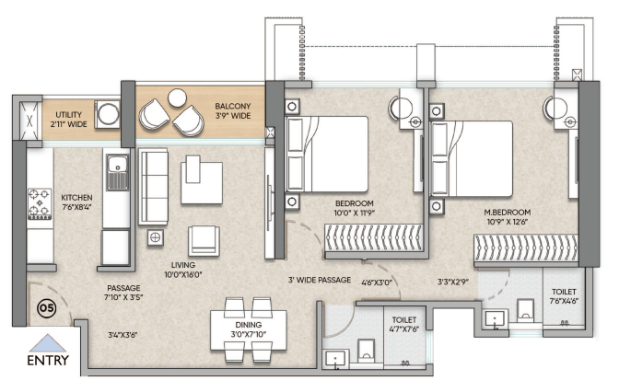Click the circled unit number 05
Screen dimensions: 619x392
46,308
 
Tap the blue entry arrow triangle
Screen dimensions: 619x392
48,343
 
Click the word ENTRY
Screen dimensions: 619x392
48,360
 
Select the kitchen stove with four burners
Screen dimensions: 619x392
40,204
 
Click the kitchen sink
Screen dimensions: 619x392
117,172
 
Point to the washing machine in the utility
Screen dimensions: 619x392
107,114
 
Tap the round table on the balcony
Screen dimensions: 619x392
177,98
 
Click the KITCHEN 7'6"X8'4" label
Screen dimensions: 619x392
76,202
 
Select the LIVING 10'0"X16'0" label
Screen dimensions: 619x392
182,270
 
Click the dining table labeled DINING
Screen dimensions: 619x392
249,329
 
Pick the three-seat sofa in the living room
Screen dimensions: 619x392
153,187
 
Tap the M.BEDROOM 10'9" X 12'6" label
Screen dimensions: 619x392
508,217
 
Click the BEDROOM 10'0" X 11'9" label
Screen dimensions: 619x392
355,208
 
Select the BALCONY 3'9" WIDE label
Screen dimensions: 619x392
233,110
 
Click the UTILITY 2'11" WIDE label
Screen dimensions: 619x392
69,119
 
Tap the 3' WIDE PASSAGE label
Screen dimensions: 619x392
320,280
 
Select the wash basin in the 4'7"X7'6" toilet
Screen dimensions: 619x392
335,359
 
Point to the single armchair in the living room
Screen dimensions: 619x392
204,240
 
